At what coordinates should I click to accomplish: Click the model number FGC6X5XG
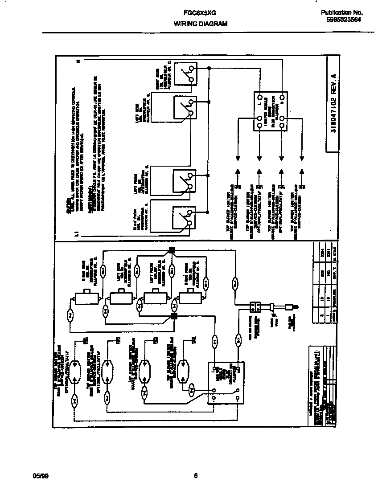(x=194, y=14)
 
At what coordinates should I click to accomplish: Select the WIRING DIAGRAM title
(x=200, y=24)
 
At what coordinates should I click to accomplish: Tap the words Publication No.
(x=341, y=13)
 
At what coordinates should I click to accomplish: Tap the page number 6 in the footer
(x=196, y=476)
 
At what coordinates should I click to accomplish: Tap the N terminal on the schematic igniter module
(x=282, y=97)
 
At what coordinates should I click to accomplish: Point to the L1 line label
(x=77, y=233)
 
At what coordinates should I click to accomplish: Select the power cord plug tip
(x=292, y=307)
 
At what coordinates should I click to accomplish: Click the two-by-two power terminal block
(x=255, y=306)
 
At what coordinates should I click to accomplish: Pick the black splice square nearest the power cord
(x=174, y=317)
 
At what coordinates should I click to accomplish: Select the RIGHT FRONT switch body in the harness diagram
(x=189, y=298)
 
